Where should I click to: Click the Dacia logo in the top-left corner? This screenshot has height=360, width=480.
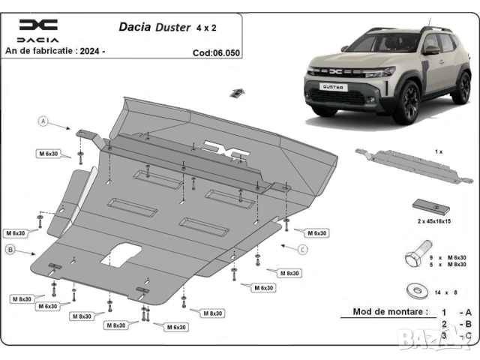point(37,31)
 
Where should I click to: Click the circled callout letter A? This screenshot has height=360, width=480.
point(43,121)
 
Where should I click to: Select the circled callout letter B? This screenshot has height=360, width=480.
point(10,249)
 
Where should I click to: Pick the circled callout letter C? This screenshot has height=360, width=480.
point(302,249)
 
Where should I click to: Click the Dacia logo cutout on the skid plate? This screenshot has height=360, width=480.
point(229,151)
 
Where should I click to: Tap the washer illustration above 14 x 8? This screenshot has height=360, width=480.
point(415,286)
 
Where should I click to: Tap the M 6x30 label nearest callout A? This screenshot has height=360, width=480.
point(49,154)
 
